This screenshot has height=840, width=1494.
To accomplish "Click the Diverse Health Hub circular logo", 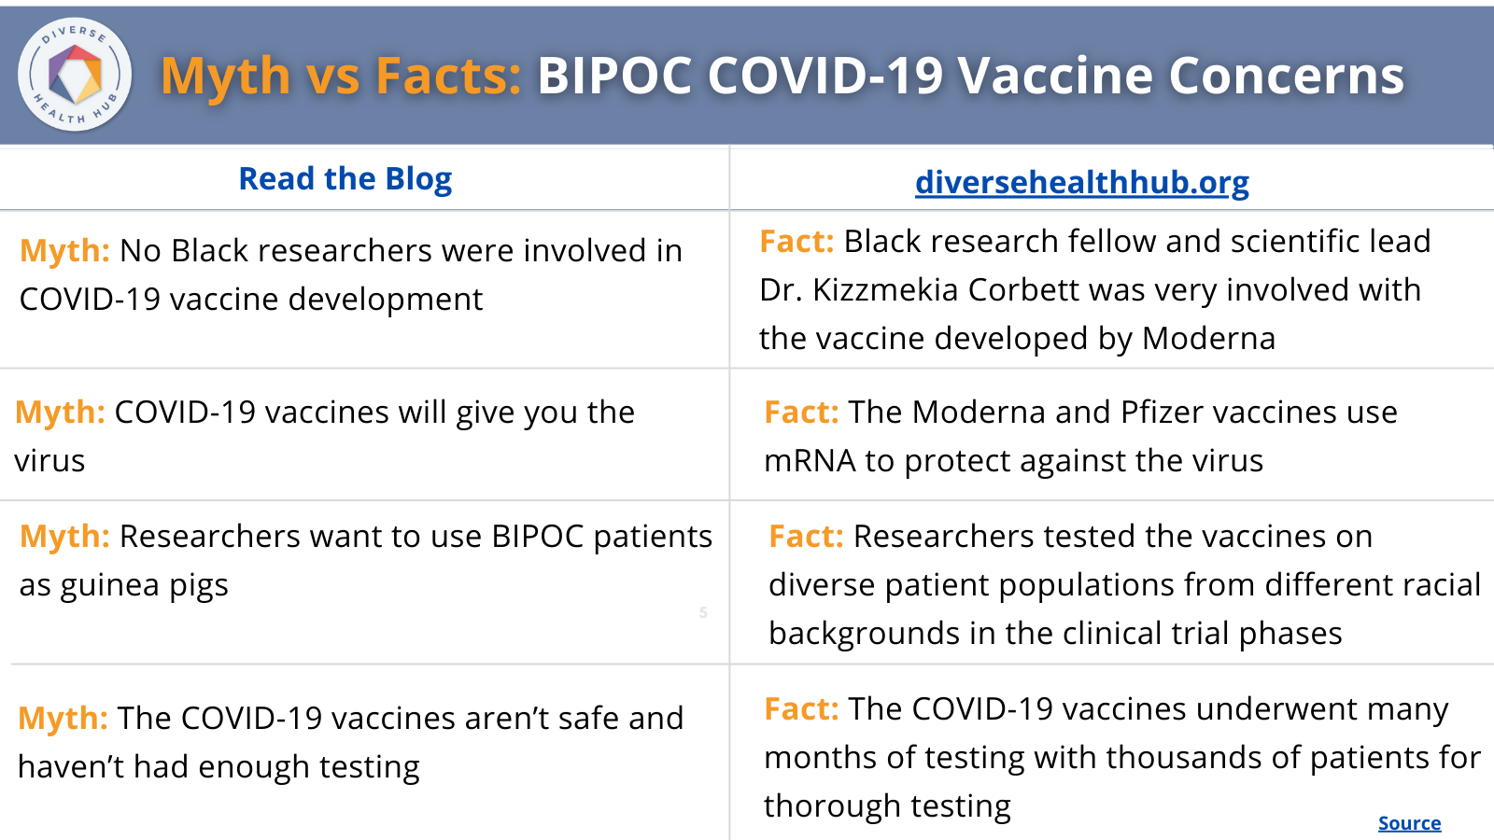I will click(x=75, y=75).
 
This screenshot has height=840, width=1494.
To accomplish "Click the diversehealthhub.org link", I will click(x=1081, y=182).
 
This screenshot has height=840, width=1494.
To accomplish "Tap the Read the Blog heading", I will click(x=345, y=178).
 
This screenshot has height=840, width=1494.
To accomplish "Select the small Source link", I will click(x=1409, y=823).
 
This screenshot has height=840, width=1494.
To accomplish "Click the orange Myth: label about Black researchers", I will click(x=64, y=251).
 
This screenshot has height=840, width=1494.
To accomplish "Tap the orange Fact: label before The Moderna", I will click(x=801, y=413).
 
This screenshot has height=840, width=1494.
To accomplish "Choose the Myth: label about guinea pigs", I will click(x=64, y=537).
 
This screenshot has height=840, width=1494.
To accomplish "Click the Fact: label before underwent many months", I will click(x=801, y=709).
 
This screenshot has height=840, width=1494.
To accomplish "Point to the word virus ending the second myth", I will click(x=49, y=461).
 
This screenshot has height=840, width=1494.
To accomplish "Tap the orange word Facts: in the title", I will click(x=448, y=76).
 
